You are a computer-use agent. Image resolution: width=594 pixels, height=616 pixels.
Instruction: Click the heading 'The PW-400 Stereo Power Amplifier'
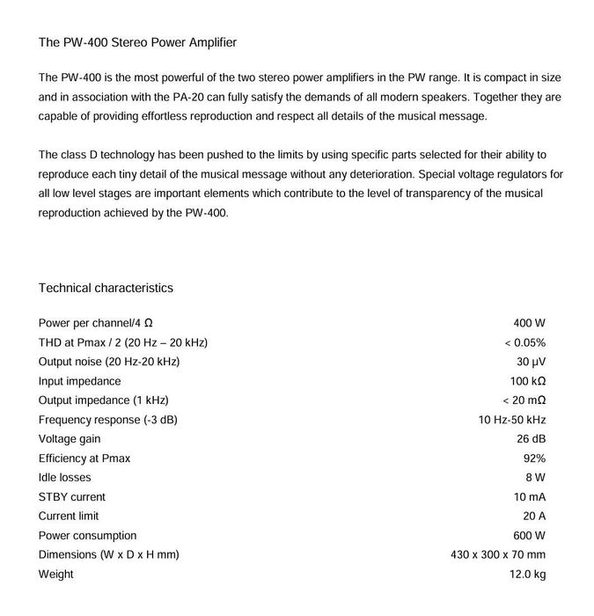coord(137,42)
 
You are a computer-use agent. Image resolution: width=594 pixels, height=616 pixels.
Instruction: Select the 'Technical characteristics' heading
coord(106,288)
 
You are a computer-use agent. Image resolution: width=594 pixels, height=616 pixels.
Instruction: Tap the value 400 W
coord(529,324)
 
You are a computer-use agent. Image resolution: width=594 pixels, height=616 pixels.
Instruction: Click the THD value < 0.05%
coord(524,343)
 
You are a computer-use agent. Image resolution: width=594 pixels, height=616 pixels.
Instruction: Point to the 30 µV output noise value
coord(531,362)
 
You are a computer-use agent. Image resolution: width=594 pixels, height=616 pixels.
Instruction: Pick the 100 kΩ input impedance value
coord(528,381)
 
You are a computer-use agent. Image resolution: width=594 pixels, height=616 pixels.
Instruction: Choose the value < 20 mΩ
coord(524,400)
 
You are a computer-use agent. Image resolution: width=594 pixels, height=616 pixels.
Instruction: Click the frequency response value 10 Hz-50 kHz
coord(512,420)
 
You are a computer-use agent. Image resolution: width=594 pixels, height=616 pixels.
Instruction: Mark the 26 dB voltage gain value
coord(531,439)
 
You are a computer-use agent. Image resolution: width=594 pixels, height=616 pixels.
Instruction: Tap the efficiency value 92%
coord(534,458)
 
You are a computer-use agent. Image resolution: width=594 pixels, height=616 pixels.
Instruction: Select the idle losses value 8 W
coord(535,478)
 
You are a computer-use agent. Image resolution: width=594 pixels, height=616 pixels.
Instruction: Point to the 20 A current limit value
coord(534,517)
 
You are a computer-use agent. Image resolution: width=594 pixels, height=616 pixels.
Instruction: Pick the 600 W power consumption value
coord(529,536)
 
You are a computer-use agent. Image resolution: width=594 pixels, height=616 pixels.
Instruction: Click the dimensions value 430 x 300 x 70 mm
coord(498,555)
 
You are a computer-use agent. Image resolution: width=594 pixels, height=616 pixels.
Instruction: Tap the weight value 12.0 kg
coord(528,575)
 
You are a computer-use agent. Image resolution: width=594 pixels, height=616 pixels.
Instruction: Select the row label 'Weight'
coord(56,575)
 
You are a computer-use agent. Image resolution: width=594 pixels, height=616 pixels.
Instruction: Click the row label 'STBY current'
coord(72,497)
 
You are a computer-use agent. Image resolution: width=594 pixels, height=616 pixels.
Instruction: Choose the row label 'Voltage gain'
coord(70,439)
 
